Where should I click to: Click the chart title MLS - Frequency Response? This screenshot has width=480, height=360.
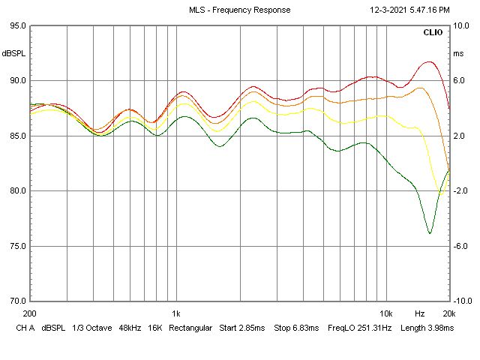click(240, 10)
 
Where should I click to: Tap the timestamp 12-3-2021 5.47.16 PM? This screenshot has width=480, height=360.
click(409, 10)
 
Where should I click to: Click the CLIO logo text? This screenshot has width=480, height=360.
click(433, 32)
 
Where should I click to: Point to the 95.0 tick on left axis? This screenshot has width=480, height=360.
click(18, 25)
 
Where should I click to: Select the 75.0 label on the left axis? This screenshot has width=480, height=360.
click(18, 246)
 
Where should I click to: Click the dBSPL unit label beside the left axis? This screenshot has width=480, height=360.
click(13, 53)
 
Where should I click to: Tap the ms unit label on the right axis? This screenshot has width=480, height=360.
click(458, 54)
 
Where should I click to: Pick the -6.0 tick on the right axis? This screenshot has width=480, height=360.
click(460, 246)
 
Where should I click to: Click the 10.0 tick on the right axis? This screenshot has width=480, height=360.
click(461, 25)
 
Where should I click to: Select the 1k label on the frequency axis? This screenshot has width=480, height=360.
click(176, 313)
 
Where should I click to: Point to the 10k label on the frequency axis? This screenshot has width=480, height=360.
click(386, 313)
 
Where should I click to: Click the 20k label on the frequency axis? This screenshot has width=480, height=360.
click(449, 313)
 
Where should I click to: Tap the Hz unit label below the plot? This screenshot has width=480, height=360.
click(420, 313)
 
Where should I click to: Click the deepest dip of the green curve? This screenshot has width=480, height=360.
click(430, 233)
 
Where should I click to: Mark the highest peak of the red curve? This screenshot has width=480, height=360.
click(430, 61)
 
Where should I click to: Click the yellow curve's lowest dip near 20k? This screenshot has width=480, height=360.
click(441, 194)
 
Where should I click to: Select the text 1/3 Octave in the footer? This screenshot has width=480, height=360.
click(92, 328)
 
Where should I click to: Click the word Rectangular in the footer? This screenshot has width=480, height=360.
click(190, 328)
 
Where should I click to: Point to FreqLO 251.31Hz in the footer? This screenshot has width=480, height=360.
click(360, 328)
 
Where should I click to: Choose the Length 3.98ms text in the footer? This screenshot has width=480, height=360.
click(427, 328)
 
